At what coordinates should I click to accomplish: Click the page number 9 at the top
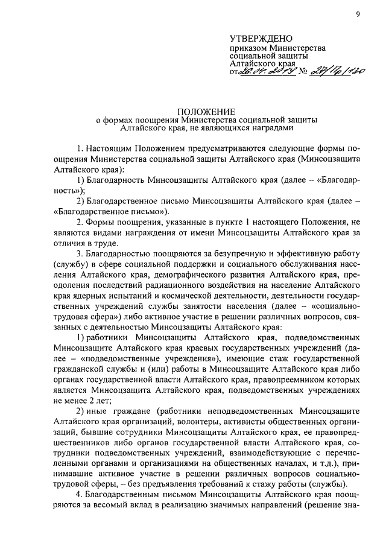[x=358, y=14]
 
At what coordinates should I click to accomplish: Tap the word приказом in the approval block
[x=247, y=48]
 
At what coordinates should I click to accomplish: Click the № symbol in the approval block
[x=300, y=72]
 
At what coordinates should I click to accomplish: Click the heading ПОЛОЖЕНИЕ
[x=197, y=111]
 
